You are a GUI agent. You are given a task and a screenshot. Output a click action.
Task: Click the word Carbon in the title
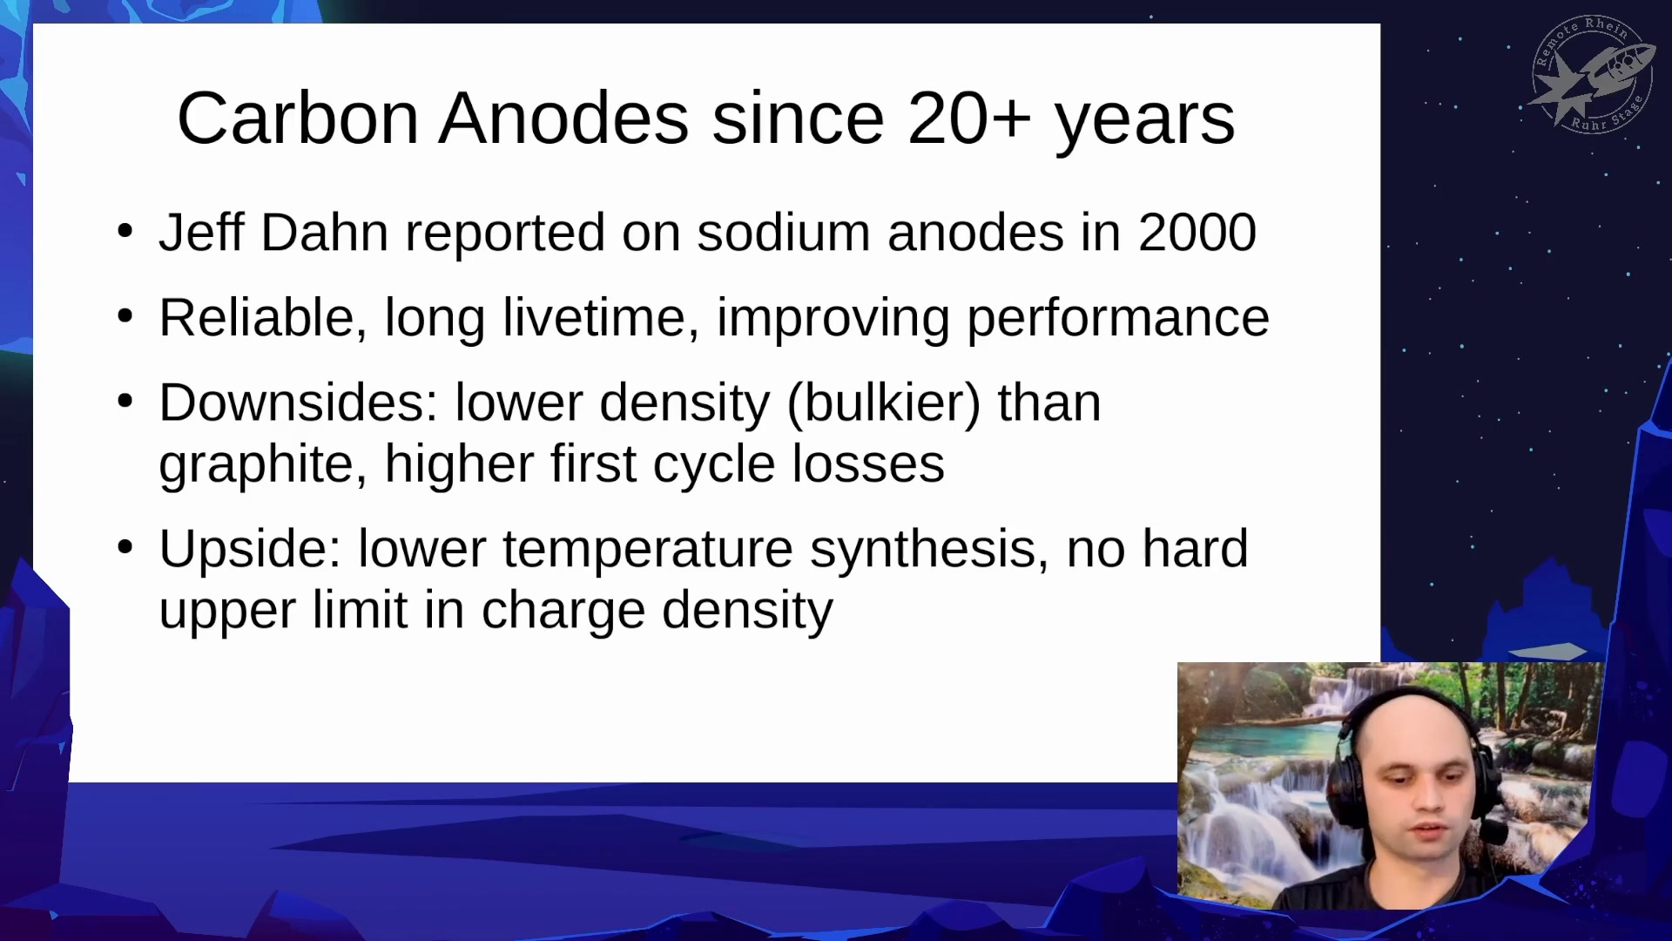[x=299, y=118]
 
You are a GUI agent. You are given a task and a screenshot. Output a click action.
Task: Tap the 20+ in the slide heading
[x=969, y=118]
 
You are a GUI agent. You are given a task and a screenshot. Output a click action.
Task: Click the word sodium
[x=784, y=233]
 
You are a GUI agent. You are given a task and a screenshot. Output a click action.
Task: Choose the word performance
[x=1118, y=319]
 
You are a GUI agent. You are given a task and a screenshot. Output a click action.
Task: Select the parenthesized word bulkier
[x=884, y=403]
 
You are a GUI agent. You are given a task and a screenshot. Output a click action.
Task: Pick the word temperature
[x=648, y=551]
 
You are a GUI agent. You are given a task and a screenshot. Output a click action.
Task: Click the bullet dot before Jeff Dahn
[x=125, y=232]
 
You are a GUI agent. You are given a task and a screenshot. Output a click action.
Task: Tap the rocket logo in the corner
[x=1593, y=75]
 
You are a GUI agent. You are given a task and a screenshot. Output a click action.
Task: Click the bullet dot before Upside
[x=125, y=548]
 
